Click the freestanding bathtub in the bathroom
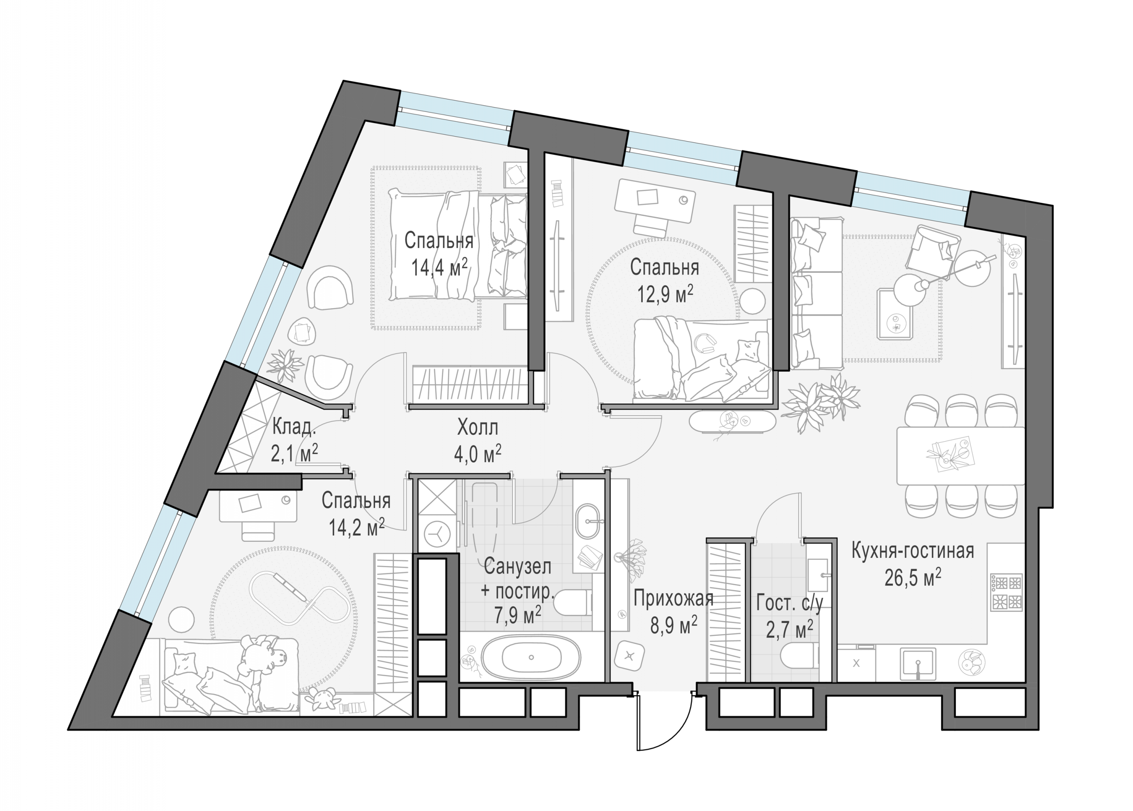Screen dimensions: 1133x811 pos(531,658)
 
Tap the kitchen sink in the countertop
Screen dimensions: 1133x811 pos(918,664)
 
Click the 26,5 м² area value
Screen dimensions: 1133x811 pos(913,578)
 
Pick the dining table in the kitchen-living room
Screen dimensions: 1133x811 pos(961,455)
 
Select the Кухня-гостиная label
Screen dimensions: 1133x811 pos(913,551)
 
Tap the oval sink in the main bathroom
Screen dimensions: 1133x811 pos(589,521)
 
